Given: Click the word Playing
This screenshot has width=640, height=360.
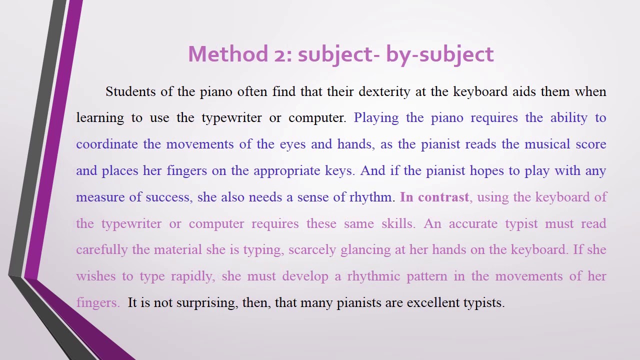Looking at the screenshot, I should point(376,118).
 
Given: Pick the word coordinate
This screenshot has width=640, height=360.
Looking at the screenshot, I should point(106,144).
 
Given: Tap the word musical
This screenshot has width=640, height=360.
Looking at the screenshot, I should point(547,144).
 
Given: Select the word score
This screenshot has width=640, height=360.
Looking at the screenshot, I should point(591,144).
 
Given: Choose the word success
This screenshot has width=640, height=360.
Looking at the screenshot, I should point(168,197).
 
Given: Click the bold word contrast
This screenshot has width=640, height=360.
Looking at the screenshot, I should point(443,197).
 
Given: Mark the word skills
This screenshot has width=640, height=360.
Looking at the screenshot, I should point(397,224).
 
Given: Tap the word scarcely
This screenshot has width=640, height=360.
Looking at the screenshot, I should point(311,250).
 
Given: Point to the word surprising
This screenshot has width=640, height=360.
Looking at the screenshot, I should point(206,303).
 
